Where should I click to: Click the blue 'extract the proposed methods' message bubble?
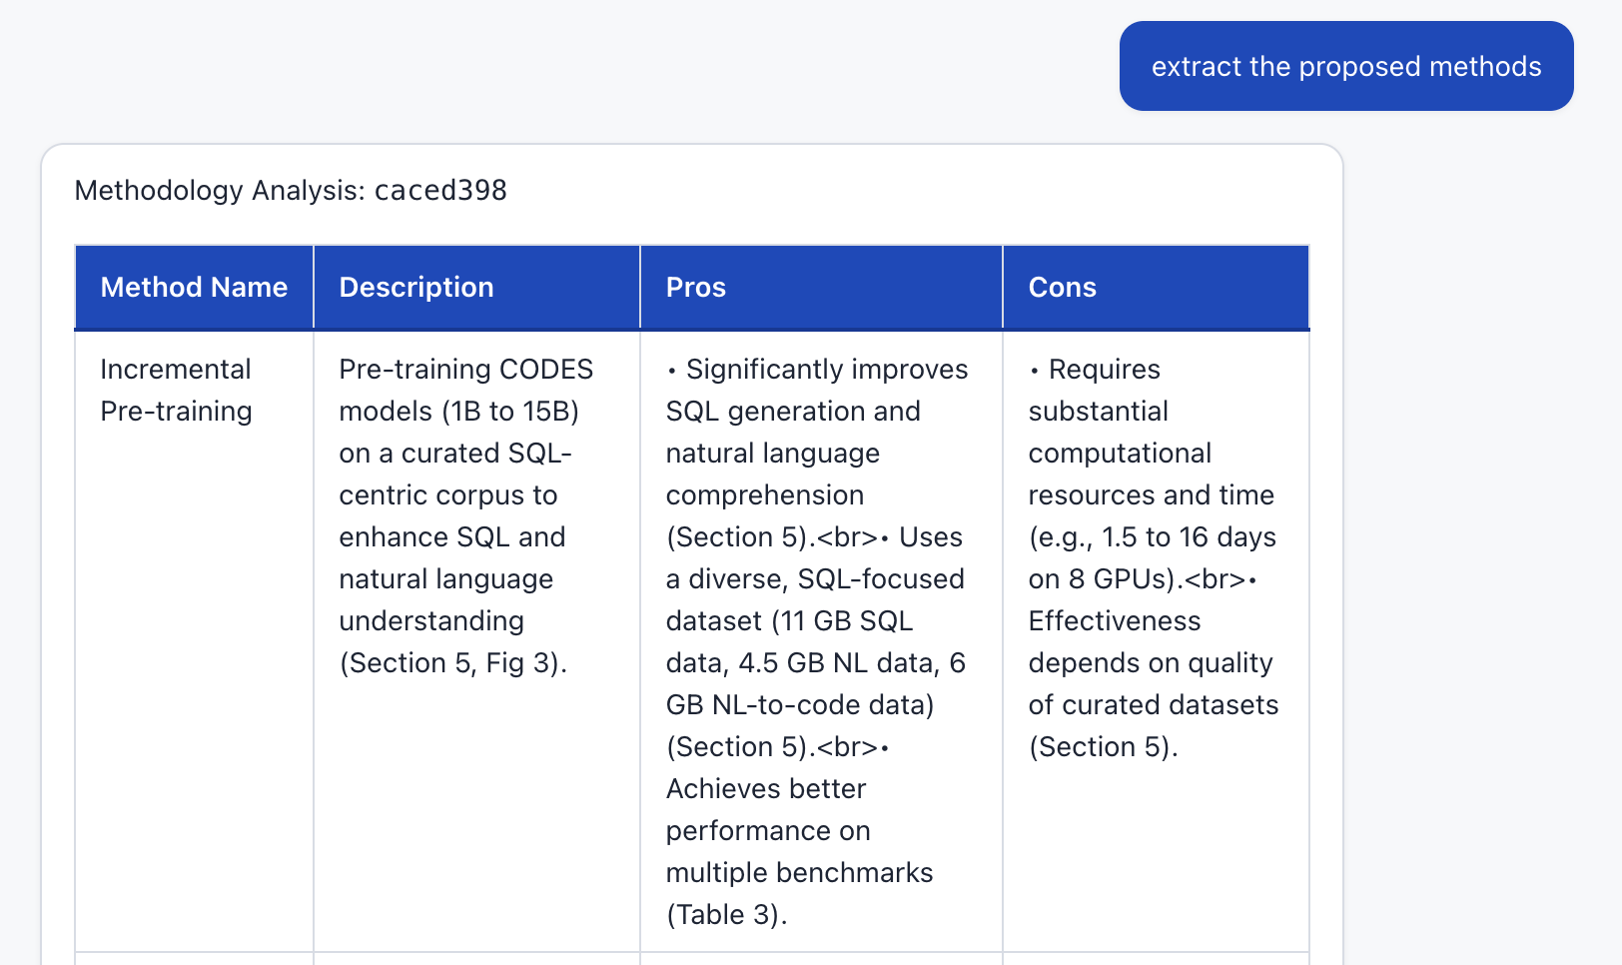click(1345, 66)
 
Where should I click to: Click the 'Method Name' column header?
click(194, 288)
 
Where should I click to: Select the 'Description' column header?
click(416, 288)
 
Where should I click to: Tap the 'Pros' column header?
click(695, 288)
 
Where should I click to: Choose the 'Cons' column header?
click(1062, 288)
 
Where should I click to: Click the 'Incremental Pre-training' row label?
click(176, 390)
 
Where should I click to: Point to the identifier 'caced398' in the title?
click(440, 190)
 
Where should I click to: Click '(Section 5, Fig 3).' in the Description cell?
click(452, 663)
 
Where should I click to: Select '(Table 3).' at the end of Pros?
click(726, 915)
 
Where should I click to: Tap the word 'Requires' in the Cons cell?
click(1104, 370)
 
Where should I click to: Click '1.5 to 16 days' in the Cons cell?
click(1189, 537)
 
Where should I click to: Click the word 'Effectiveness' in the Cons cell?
click(1115, 621)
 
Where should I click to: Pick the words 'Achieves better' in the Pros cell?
click(766, 789)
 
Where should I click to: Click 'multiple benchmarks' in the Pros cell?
click(799, 873)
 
